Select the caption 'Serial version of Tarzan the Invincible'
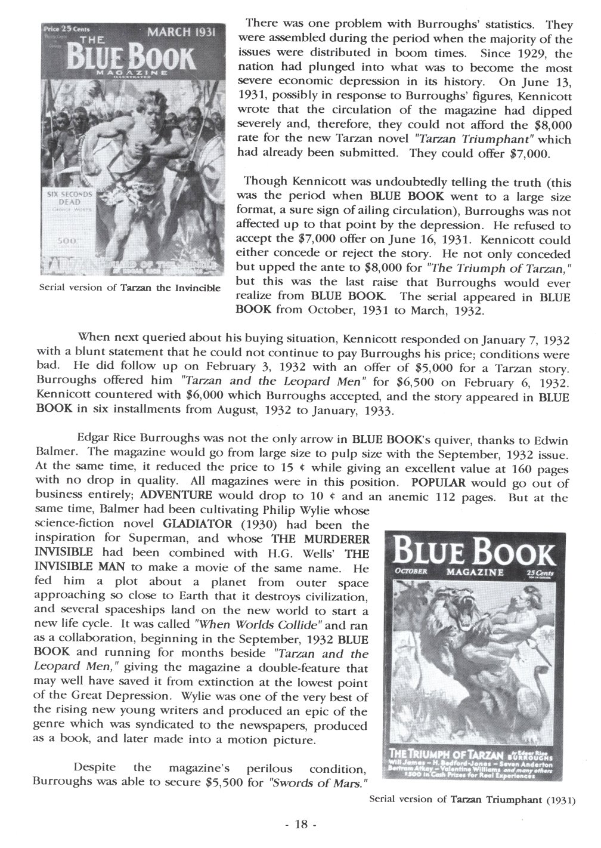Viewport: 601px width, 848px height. pos(129,287)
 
